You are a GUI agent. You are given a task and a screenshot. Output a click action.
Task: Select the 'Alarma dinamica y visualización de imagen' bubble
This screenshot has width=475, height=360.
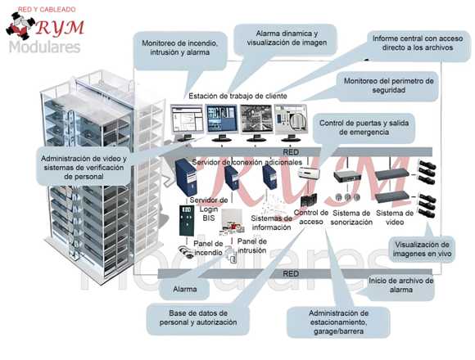(287, 38)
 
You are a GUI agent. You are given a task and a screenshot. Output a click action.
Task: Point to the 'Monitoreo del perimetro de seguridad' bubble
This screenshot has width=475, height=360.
(389, 86)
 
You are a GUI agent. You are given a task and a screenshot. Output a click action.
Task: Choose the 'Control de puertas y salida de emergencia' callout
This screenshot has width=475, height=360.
(364, 128)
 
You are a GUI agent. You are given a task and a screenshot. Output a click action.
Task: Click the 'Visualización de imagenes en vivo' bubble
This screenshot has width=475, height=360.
(422, 250)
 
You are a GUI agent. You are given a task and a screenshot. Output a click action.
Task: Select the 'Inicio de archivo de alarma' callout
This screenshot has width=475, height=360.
(400, 286)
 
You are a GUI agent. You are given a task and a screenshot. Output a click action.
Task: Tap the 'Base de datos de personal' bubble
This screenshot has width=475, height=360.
(198, 318)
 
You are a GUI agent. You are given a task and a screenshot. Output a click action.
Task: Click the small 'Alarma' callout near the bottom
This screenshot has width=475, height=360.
(184, 289)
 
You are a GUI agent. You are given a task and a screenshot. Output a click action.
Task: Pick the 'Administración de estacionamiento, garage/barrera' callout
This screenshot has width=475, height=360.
(338, 322)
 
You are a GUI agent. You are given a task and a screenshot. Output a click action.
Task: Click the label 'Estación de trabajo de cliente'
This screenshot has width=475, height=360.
(237, 97)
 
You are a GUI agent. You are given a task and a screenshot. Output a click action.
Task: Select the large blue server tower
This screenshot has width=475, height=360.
(186, 177)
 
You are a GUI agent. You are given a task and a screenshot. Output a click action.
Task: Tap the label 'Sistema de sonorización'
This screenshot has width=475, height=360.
(351, 218)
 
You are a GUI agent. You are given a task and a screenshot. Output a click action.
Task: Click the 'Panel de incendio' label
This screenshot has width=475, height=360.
(208, 248)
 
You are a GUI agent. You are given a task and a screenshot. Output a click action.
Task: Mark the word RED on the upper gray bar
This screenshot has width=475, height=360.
(291, 152)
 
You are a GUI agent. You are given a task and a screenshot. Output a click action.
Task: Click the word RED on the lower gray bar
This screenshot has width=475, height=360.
(291, 274)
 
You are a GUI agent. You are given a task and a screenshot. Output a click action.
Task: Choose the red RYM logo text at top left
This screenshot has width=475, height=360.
(60, 28)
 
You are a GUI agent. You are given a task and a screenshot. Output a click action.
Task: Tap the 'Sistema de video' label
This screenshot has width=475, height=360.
(395, 218)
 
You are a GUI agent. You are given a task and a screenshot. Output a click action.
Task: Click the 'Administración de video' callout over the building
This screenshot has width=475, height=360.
(84, 167)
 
